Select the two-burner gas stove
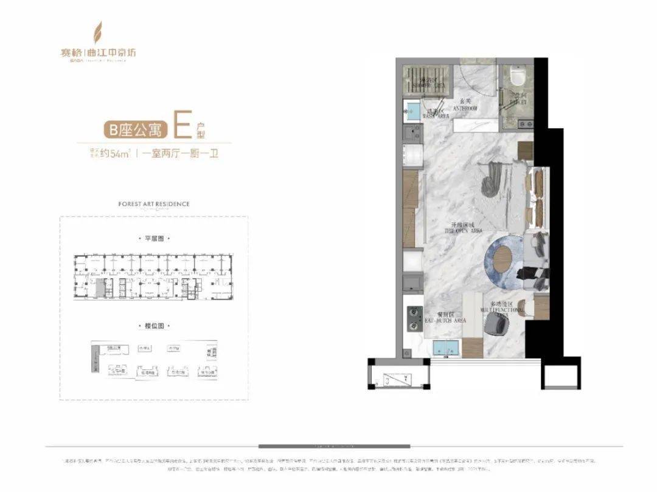pyautogui.click(x=415, y=318)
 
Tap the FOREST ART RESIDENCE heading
pyautogui.click(x=153, y=204)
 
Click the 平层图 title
pyautogui.click(x=153, y=239)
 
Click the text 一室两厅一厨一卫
pyautogui.click(x=181, y=154)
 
